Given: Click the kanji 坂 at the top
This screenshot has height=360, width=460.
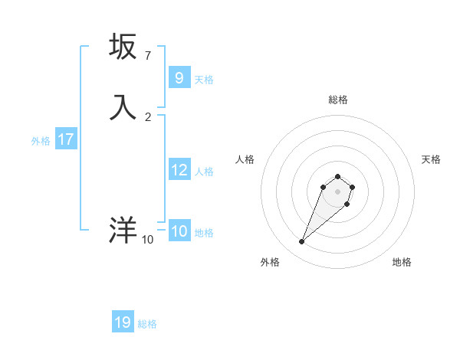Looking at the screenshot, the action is point(123,47).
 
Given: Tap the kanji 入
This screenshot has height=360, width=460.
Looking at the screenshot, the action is point(123,107).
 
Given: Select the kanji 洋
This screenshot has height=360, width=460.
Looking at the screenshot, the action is point(123,231).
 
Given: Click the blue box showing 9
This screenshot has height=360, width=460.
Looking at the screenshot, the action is point(179,77).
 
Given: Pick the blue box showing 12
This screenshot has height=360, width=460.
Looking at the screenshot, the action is point(179,170).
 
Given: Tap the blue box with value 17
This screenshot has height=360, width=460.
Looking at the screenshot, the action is point(66,139).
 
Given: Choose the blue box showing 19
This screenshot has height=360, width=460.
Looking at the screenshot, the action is point(123,322).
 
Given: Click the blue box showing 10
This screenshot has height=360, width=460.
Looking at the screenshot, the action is point(179,231).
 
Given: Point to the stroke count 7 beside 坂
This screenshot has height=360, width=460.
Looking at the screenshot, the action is point(147,56).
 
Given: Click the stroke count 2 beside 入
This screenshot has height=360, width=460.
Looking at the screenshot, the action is point(148,117).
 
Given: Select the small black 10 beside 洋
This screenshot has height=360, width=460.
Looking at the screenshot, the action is point(147,240).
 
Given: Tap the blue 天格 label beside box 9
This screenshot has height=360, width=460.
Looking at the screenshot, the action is point(204,79).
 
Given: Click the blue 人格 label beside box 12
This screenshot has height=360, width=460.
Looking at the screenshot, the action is point(205,172).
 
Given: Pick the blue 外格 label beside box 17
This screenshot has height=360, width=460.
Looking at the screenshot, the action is point(41,141).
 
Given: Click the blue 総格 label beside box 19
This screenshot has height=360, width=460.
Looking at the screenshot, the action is point(147,324).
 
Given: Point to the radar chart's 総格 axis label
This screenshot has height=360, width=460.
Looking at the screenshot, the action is point(337,100).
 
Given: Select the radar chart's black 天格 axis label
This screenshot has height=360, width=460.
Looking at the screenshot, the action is point(432,159).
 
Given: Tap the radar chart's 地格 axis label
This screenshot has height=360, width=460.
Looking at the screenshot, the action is point(402,262).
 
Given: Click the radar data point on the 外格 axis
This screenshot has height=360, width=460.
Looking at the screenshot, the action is point(302,242).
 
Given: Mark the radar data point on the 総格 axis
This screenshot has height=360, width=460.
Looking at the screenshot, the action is point(337,177).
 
